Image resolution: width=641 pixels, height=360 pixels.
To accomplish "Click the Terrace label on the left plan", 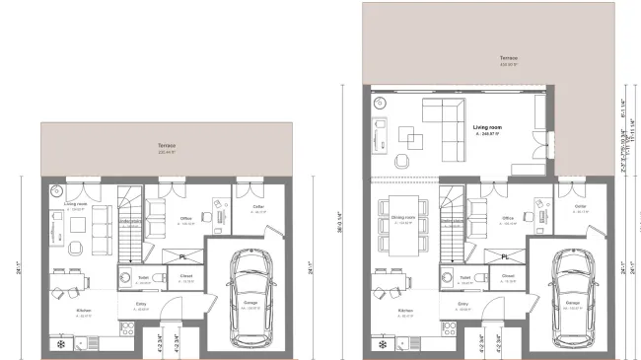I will (166, 148).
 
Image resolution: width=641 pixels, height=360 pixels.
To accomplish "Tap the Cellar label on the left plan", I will (257, 207).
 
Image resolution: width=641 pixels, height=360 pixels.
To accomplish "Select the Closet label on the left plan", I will (186, 278).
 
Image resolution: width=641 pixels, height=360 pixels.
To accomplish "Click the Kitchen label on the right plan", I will (404, 314).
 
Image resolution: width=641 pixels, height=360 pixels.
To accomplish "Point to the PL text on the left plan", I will (184, 256).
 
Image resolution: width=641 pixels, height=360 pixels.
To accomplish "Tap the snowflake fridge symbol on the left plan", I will (62, 345).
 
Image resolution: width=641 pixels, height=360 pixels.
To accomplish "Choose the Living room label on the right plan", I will (488, 128).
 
